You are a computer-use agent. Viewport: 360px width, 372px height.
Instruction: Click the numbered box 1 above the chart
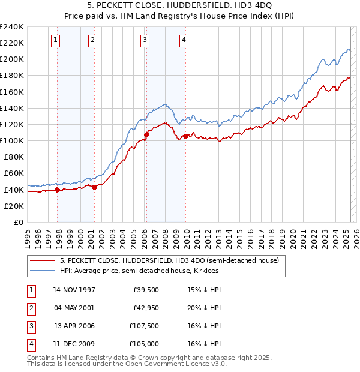click(x=55, y=40)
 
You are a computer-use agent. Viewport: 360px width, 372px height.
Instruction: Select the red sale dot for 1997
click(x=58, y=190)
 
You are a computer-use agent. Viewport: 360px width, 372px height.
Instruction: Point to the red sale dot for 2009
click(x=186, y=136)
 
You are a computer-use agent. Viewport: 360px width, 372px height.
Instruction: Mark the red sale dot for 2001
click(x=94, y=187)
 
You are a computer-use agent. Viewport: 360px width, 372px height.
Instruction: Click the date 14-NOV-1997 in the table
click(x=74, y=290)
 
